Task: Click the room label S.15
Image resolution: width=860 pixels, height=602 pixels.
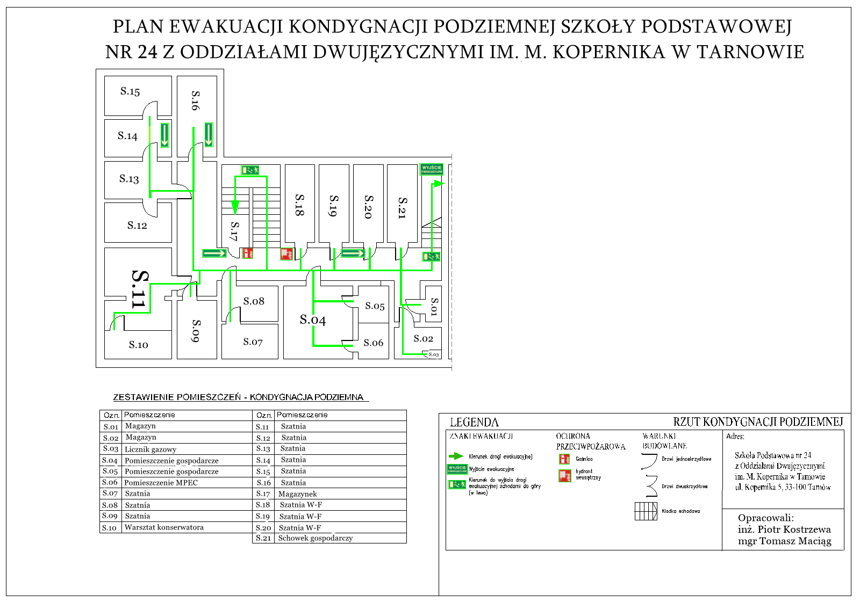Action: coord(130,91)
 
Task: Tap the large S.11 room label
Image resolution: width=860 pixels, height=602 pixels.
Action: coord(139,289)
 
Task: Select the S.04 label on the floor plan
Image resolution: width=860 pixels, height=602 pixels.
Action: coord(313,320)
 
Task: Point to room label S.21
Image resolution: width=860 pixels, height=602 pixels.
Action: coord(402,207)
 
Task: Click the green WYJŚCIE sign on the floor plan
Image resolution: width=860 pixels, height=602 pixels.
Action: coord(431,169)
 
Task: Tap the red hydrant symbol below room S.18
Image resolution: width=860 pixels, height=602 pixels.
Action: coord(286,254)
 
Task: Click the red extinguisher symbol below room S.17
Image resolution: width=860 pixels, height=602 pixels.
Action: coord(247,253)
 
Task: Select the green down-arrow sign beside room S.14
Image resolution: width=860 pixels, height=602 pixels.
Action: coord(164,135)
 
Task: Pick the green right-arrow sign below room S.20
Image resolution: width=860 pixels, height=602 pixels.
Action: coord(353,253)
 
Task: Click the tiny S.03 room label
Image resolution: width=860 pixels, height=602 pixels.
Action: coord(434,354)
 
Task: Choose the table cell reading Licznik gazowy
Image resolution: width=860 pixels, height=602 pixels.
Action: coord(150,449)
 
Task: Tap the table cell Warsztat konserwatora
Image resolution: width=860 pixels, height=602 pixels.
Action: coord(164,527)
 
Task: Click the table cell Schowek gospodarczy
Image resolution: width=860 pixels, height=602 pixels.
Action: coord(316,538)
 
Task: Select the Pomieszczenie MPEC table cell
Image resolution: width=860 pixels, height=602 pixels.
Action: coord(161,483)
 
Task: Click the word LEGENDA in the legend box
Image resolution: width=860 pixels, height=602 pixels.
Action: coord(474,423)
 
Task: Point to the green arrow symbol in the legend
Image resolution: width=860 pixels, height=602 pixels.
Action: coord(456,456)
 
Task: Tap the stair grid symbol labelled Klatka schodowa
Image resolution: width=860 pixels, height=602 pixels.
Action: coord(646,511)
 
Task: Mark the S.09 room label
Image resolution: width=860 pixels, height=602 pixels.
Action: coord(197,331)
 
